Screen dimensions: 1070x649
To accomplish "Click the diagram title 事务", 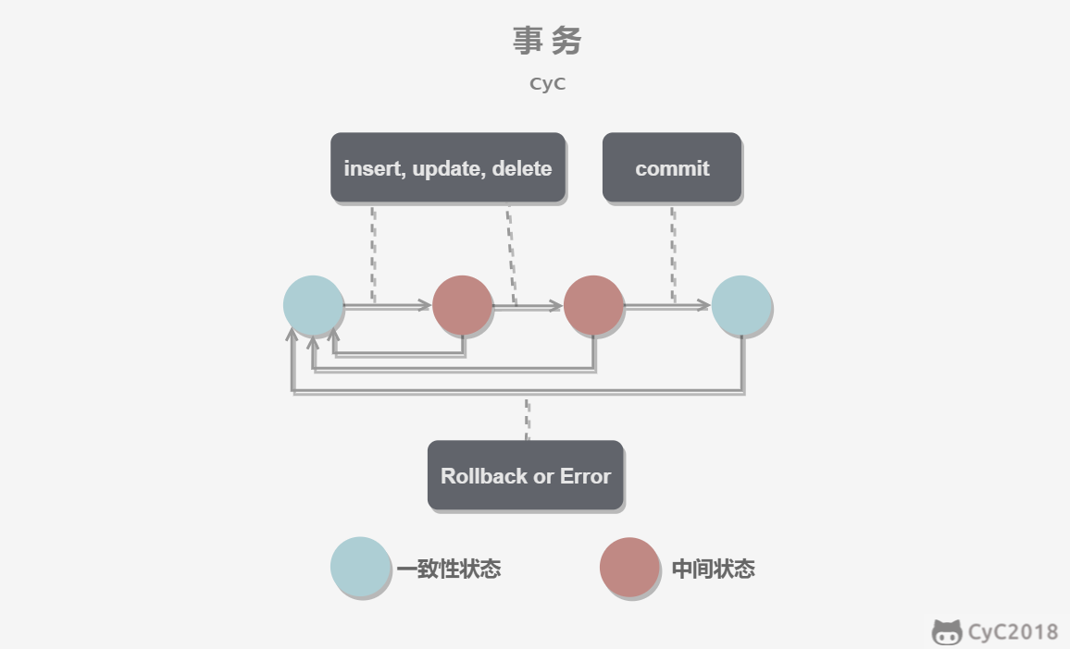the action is [x=547, y=41].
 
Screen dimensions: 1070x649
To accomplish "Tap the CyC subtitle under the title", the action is [x=547, y=84].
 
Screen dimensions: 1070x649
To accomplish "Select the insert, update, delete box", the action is [x=448, y=167].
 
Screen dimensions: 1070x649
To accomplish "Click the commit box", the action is [x=672, y=167].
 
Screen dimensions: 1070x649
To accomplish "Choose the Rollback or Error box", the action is [x=526, y=475].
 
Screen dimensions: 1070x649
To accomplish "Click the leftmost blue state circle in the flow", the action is [x=313, y=305].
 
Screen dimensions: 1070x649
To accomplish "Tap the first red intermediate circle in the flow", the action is [x=463, y=305].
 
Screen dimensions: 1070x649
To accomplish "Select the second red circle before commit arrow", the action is [x=593, y=305].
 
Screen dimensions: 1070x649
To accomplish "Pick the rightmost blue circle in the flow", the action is [x=741, y=305].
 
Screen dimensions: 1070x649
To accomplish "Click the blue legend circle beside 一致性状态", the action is [x=360, y=567].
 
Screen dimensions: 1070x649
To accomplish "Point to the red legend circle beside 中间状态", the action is [x=629, y=568].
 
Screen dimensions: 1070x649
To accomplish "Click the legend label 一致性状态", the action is [x=449, y=569].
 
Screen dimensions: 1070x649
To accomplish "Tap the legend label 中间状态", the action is [x=714, y=569].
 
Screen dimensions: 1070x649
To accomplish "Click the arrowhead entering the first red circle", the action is [x=425, y=305].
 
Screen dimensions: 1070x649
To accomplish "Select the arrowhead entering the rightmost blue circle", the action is [x=704, y=305].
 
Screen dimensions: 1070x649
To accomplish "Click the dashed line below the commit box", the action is [x=674, y=253].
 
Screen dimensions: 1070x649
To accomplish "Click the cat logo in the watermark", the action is [x=947, y=632].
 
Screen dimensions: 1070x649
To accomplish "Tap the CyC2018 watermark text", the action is [x=1013, y=632].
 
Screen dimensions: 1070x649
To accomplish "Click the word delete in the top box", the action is [x=522, y=168].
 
